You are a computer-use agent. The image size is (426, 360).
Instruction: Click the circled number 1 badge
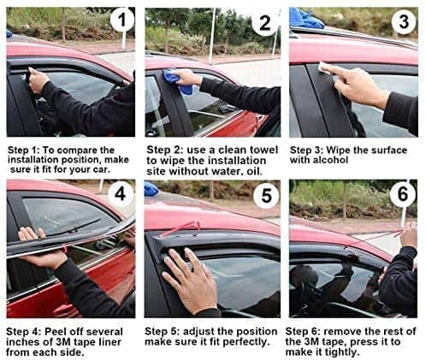[x=122, y=20]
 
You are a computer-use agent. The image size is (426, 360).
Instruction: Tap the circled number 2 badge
[x=264, y=22]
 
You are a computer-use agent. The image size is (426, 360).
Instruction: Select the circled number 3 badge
[x=404, y=21]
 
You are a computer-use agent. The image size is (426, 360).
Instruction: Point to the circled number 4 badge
[x=120, y=194]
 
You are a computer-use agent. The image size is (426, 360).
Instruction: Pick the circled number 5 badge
[x=266, y=196]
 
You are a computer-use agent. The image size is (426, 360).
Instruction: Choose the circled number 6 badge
[x=403, y=194]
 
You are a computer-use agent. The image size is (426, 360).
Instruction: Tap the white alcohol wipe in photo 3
[x=324, y=68]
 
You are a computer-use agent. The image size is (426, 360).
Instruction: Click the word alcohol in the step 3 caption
[x=330, y=160]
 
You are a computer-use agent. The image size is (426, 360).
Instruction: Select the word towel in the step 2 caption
[x=263, y=150]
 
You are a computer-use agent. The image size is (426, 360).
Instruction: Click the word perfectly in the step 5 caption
[x=246, y=341]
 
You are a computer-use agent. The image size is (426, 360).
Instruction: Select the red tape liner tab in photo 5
[x=180, y=228]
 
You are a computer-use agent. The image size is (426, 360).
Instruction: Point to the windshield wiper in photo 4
[x=72, y=227]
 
